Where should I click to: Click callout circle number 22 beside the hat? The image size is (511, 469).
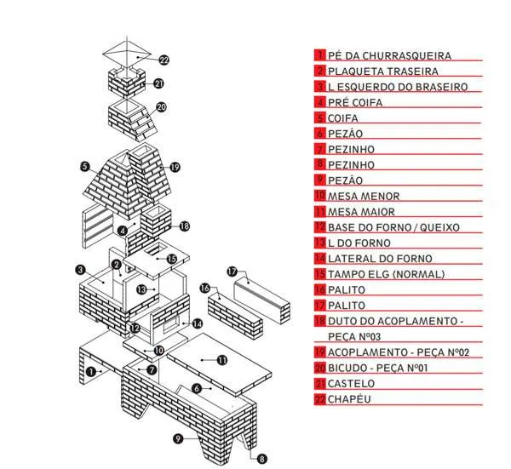click(x=164, y=60)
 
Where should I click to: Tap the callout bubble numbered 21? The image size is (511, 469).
click(x=158, y=83)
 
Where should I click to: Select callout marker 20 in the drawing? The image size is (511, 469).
click(x=161, y=107)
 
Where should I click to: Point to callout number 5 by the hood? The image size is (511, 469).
click(x=85, y=166)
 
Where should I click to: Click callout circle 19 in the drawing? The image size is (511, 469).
click(x=175, y=167)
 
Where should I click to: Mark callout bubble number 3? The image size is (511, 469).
click(x=79, y=270)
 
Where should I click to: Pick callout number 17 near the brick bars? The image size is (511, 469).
click(x=232, y=271)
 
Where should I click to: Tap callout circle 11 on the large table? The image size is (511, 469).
click(x=222, y=361)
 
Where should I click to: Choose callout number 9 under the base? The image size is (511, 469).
click(x=178, y=439)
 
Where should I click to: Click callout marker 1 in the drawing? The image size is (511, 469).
click(x=90, y=371)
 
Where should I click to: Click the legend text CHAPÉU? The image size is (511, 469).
click(x=349, y=399)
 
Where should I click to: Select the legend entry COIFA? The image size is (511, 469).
click(x=342, y=118)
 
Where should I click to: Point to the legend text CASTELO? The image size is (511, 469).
click(x=350, y=384)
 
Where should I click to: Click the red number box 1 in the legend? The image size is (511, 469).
click(x=320, y=56)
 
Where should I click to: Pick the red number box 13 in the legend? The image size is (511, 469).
click(x=320, y=243)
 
